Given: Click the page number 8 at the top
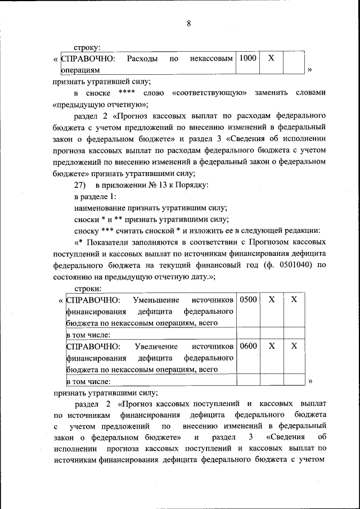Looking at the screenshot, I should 189,23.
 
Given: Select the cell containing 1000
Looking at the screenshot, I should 247,58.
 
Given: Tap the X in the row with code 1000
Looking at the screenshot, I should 271,58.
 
